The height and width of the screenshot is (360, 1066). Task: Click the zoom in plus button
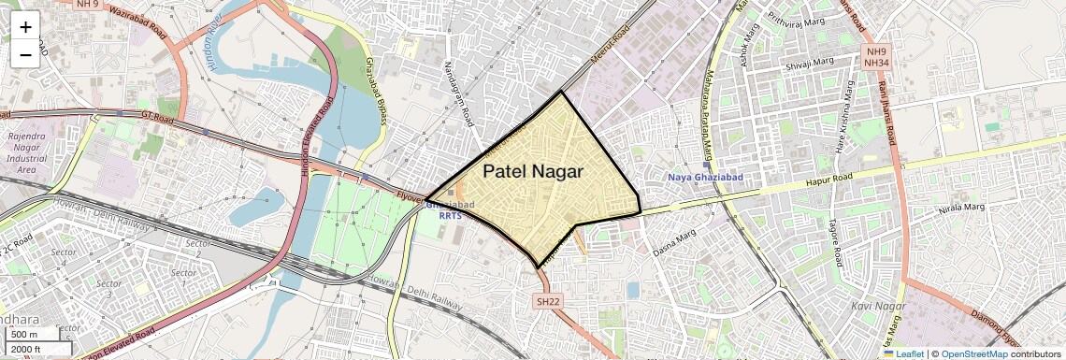pyautogui.click(x=25, y=26)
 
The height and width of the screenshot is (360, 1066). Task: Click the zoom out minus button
pyautogui.click(x=25, y=54)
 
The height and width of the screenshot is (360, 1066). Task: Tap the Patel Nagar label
pyautogui.click(x=533, y=171)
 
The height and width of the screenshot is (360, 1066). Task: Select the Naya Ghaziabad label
pyautogui.click(x=705, y=178)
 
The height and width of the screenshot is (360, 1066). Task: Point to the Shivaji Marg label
pyautogui.click(x=809, y=64)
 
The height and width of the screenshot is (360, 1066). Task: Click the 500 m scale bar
pyautogui.click(x=24, y=335)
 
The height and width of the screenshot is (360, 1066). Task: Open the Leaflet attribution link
pyautogui.click(x=903, y=353)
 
